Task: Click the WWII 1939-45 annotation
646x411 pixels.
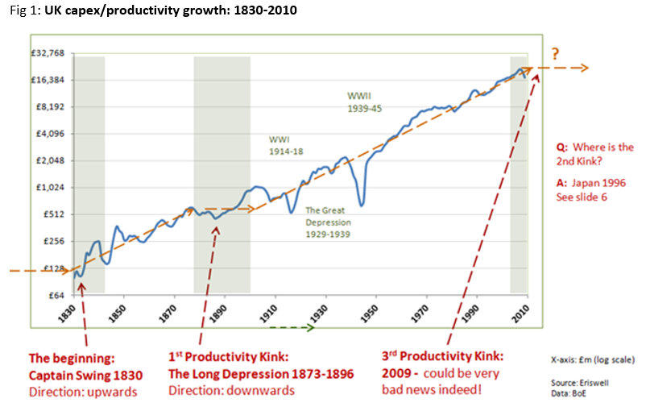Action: click(x=363, y=101)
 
